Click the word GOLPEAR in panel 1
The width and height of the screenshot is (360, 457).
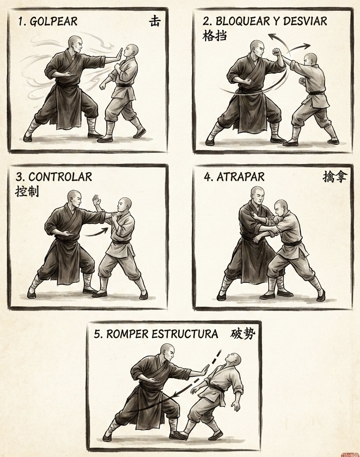[x=54, y=21]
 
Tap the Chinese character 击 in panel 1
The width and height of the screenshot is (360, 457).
[x=154, y=21]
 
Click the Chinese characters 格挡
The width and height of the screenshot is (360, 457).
[x=214, y=36]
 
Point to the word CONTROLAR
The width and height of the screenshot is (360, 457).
[x=60, y=177]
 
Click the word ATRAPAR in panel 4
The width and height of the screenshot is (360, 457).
[x=241, y=177]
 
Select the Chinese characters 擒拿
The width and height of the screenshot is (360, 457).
[x=335, y=177]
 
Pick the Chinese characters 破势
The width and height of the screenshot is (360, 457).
[x=243, y=334]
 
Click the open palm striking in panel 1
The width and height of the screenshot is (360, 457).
[x=119, y=55]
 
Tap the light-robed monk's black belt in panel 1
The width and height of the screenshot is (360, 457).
[x=125, y=85]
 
